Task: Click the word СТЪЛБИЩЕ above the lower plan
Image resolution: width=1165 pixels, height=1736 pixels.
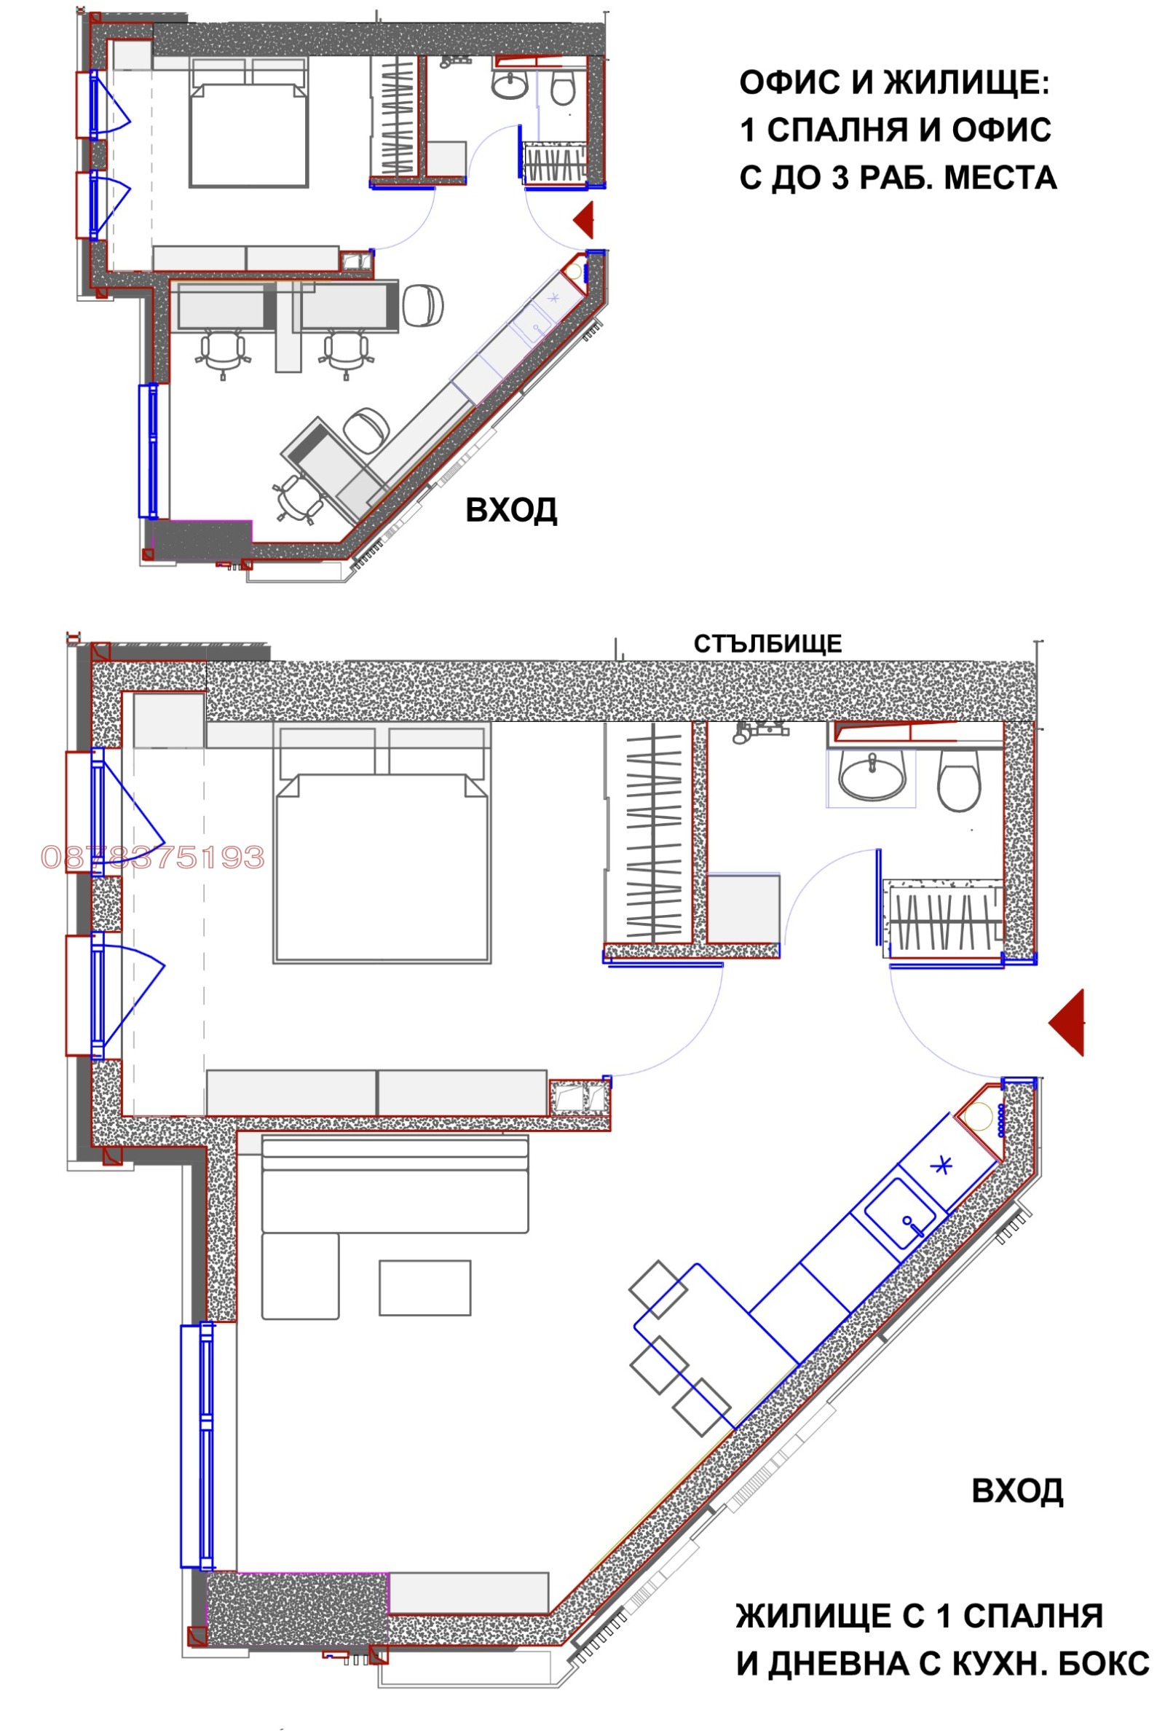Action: pos(767,643)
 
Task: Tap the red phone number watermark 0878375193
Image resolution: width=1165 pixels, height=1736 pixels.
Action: pos(153,857)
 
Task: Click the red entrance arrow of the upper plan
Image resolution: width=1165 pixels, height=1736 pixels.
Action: pos(584,220)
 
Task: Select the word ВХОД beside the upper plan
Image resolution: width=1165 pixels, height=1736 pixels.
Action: pos(511,511)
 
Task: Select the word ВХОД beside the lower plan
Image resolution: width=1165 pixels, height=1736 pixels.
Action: pos(1017,1490)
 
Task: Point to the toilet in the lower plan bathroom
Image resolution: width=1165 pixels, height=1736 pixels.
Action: pos(958,780)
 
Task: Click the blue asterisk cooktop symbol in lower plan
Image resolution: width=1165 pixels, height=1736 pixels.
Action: pos(942,1166)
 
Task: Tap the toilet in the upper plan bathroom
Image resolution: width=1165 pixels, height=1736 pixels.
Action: pos(562,88)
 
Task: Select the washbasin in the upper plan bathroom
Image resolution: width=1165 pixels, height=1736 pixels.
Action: pos(510,84)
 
